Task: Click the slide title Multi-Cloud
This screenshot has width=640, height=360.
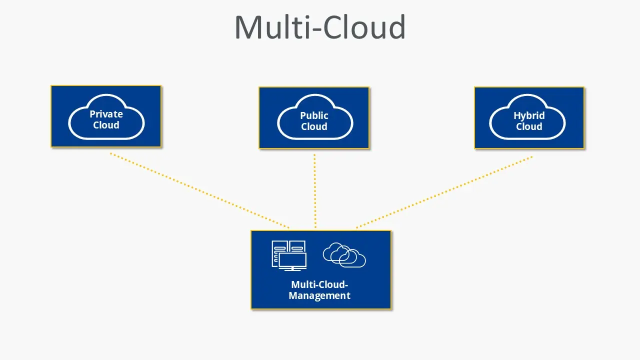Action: (320, 28)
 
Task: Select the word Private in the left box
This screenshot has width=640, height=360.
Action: (106, 114)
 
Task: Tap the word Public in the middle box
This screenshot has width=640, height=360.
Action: (314, 115)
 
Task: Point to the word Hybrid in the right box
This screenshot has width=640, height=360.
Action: (529, 115)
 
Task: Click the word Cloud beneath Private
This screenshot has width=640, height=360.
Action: (106, 125)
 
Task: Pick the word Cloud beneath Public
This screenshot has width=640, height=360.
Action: (314, 126)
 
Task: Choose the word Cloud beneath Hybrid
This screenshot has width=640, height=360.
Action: (529, 126)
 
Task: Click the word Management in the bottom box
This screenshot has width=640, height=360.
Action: (319, 295)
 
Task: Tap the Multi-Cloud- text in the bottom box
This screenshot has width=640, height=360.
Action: (319, 284)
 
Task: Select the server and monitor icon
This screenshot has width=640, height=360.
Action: (289, 255)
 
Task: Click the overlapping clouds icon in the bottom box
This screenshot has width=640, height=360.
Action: (344, 255)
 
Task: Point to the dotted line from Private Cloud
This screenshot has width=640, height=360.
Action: (200, 190)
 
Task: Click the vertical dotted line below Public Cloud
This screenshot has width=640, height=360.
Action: (314, 190)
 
